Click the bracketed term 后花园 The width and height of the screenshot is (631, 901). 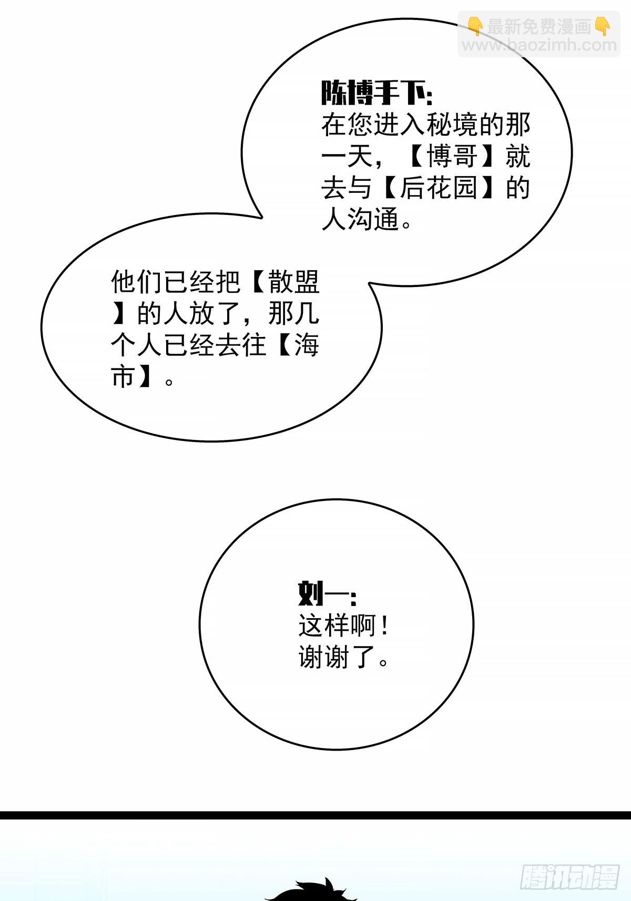click(439, 188)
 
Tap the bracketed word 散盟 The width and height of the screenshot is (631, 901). click(294, 282)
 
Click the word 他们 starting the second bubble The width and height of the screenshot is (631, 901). click(136, 282)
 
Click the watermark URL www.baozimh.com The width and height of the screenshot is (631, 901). click(540, 45)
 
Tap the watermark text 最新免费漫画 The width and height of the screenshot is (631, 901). click(540, 27)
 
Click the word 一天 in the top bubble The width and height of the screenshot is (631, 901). click(347, 157)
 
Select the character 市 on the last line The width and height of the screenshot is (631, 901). click(124, 376)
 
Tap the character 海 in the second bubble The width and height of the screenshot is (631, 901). click(307, 345)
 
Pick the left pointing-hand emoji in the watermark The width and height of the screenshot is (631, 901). click(476, 26)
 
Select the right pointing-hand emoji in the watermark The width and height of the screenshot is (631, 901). click(603, 26)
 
